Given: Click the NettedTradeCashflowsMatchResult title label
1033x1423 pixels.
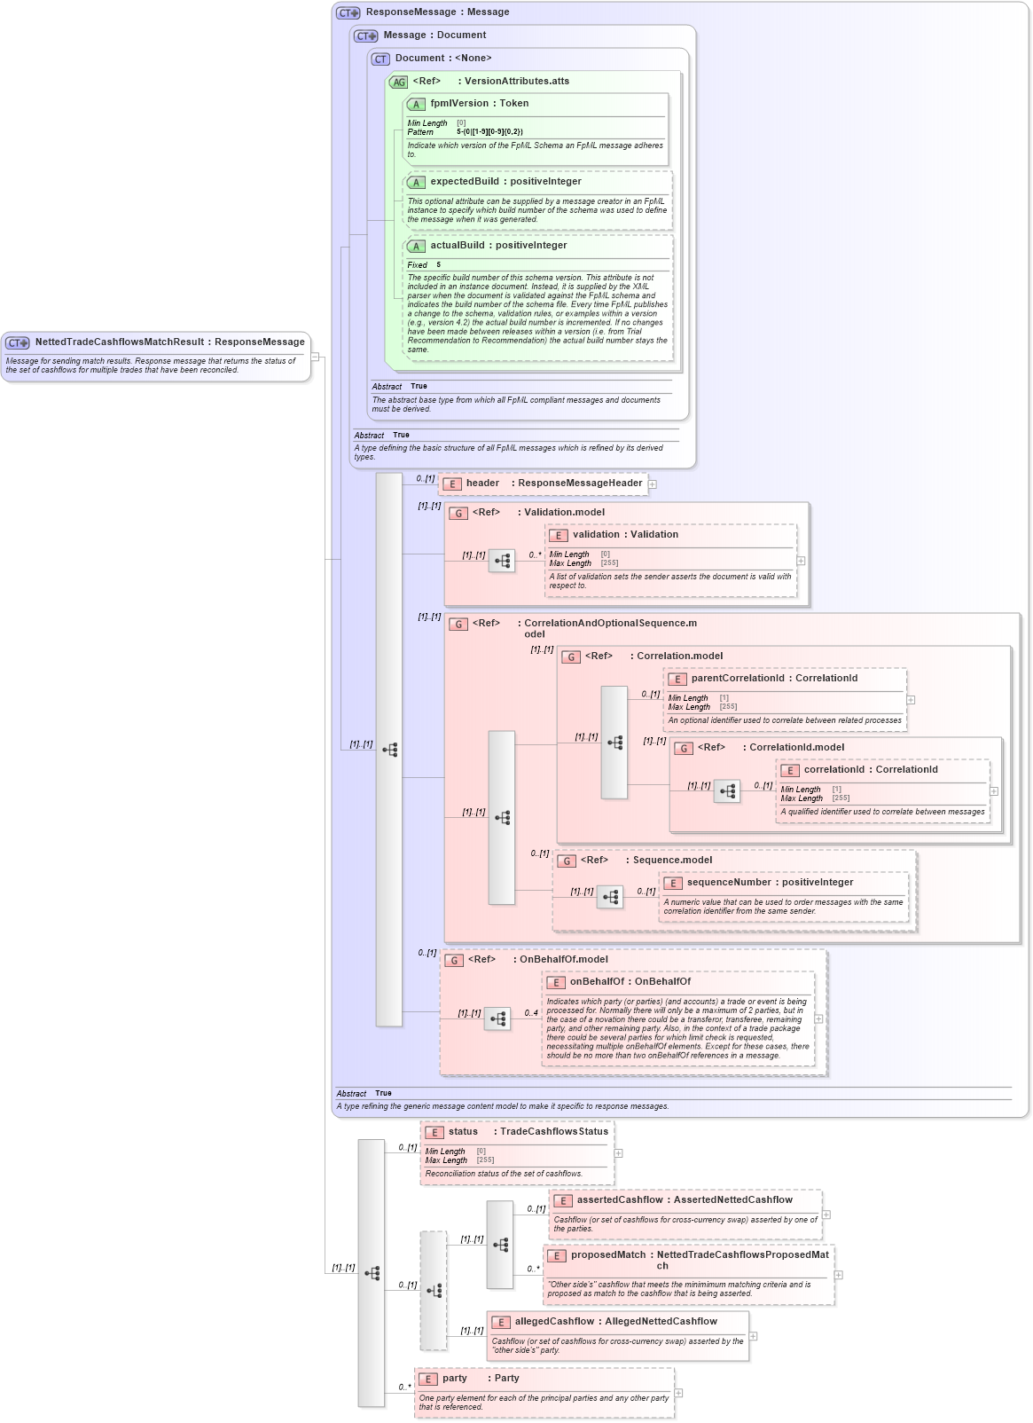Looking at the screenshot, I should tap(169, 342).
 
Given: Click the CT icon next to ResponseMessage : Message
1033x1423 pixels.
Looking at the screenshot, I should tap(348, 12).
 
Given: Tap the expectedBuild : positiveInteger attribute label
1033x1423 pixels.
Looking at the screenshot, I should tap(505, 182).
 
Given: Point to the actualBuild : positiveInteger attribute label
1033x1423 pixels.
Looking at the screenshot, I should tap(497, 246).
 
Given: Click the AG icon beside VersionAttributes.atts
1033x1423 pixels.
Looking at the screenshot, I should tap(399, 82).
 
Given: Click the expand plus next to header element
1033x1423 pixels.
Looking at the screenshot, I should tap(653, 484).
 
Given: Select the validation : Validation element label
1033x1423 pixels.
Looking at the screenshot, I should tap(625, 535).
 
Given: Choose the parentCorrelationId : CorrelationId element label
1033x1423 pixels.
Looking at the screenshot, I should tap(773, 679).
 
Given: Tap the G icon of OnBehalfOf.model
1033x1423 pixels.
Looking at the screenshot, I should tap(454, 960).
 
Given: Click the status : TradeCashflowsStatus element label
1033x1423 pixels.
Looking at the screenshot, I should tap(528, 1132).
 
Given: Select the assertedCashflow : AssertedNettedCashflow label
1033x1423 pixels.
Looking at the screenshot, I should tap(685, 1200).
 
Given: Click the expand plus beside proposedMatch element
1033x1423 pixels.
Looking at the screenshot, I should tap(839, 1275).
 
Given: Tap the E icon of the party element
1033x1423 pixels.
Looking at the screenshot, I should tap(427, 1380).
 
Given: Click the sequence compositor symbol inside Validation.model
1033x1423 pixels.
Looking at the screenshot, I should tap(502, 561).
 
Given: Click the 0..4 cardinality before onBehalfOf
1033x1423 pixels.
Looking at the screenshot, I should tap(531, 1013).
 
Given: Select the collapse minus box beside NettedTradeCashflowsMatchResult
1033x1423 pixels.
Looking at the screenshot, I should tap(315, 357).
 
